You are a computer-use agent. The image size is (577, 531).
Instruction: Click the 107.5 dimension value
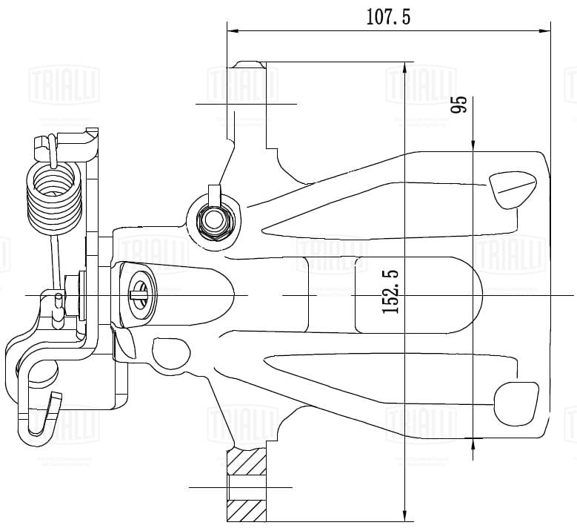click(x=388, y=16)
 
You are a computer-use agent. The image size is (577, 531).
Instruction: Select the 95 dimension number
click(x=459, y=105)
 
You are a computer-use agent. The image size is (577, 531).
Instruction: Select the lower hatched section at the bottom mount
click(x=247, y=509)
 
